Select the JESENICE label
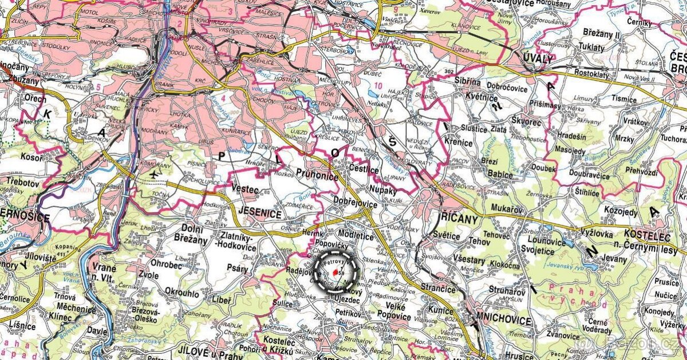[261, 215]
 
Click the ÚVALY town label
[538, 59]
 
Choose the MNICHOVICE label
[504, 321]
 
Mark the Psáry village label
[238, 267]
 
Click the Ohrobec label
[167, 264]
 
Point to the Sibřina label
[468, 82]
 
